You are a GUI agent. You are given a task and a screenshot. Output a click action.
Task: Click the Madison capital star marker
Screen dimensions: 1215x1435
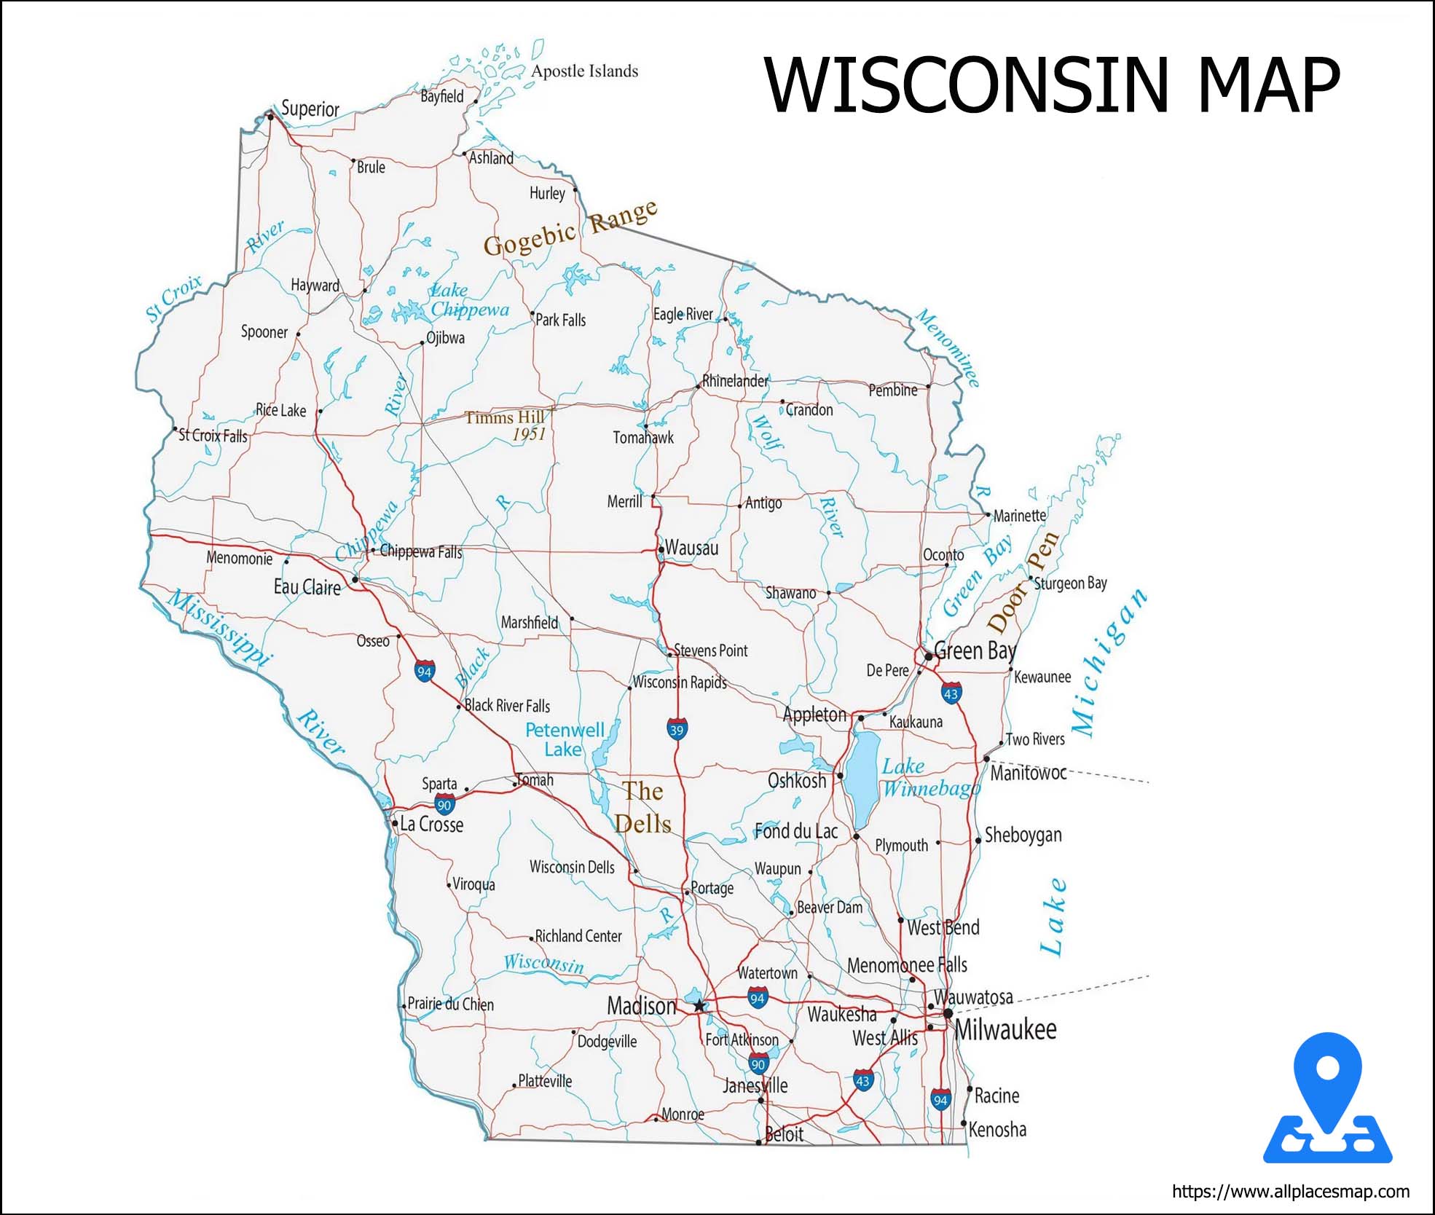(699, 1006)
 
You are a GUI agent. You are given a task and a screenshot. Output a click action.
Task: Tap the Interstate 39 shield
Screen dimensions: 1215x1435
(677, 729)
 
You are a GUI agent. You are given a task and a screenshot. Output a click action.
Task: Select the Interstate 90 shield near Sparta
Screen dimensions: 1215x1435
(444, 804)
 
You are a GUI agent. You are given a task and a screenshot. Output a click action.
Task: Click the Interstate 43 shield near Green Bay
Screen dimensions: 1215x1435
(951, 693)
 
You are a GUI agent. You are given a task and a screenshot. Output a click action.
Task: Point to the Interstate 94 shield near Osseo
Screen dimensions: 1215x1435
(424, 671)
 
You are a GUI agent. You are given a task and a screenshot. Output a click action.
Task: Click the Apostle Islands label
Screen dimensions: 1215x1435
(584, 71)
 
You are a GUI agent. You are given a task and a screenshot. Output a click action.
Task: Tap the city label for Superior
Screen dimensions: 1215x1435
(310, 109)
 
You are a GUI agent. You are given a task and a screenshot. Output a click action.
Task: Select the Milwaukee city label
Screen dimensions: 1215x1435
(1005, 1029)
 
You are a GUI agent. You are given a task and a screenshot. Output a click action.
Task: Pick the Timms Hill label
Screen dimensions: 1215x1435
(505, 417)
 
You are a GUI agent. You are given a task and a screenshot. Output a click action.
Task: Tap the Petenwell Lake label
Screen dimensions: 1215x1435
(565, 739)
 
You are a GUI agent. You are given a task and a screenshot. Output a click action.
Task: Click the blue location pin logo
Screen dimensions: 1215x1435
(1328, 1100)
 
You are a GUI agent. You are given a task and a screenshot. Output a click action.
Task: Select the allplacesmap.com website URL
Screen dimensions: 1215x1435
(1290, 1192)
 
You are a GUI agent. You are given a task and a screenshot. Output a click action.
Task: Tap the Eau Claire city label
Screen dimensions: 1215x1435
(307, 587)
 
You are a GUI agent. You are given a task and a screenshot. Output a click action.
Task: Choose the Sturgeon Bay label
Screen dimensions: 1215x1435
(1070, 583)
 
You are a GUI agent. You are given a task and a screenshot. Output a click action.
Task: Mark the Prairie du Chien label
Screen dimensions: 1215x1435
(450, 1004)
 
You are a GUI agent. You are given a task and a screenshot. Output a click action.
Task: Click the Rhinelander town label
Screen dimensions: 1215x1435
(734, 381)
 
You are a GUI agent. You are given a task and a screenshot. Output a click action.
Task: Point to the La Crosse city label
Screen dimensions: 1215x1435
(431, 825)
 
